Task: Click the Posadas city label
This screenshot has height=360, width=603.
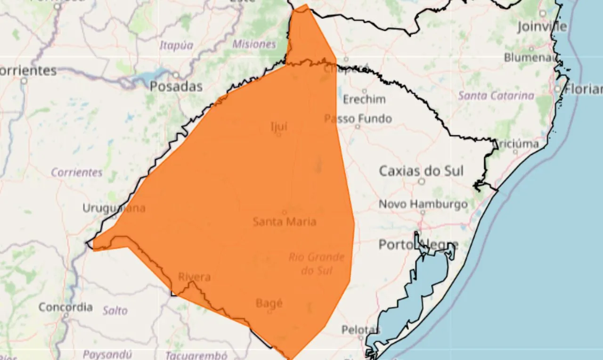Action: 176,87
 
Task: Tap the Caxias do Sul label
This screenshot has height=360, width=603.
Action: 421,171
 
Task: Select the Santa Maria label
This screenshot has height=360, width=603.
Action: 285,221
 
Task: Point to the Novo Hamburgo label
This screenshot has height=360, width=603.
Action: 423,205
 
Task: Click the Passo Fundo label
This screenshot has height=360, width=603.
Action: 358,119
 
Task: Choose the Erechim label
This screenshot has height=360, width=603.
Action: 364,99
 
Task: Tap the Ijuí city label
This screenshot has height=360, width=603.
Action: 278,126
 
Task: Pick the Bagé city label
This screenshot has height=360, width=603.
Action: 269,303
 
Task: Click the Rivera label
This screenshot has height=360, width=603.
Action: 194,277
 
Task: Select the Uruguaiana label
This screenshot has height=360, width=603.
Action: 114,208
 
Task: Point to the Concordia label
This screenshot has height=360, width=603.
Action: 65,307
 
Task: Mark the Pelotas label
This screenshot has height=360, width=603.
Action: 360,329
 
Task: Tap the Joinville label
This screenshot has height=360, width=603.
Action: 542,27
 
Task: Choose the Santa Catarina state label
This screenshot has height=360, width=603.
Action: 496,96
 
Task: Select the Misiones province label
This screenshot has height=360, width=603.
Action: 254,44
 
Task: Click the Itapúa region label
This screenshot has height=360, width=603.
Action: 176,45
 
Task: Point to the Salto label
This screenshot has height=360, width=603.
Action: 115,311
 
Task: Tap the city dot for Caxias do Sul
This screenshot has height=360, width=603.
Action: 422,181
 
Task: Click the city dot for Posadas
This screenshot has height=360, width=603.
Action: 176,75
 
